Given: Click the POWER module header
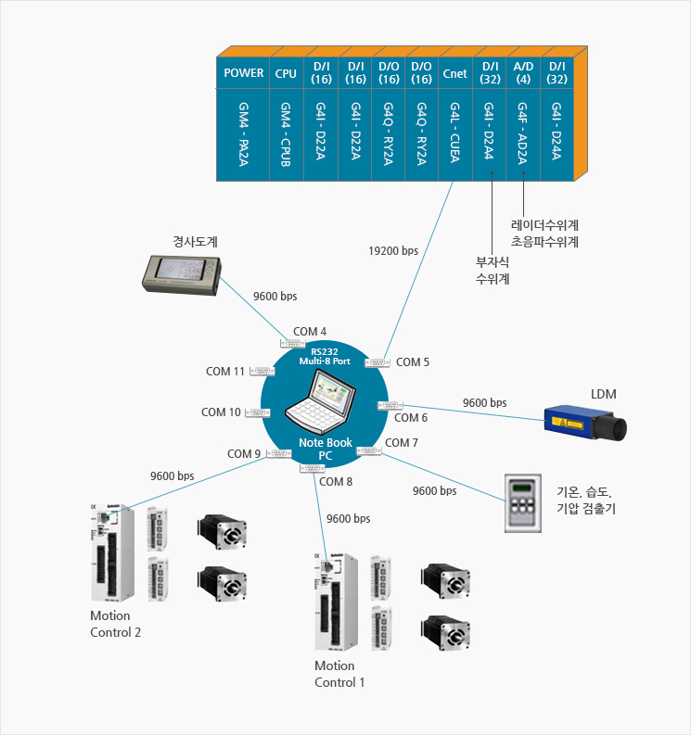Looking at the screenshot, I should (x=244, y=73).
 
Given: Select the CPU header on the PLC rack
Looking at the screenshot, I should (x=286, y=73).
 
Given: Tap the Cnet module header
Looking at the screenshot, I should (x=455, y=73).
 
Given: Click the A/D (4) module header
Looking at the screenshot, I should (x=523, y=73).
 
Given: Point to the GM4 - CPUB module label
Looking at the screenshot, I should (x=286, y=135).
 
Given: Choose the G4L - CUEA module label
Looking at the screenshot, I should (x=455, y=135).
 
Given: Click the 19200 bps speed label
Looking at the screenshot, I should (x=393, y=250).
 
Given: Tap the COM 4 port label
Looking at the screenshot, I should (x=310, y=331).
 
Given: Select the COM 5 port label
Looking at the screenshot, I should (x=413, y=362).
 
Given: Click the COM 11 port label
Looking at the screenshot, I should (x=225, y=372).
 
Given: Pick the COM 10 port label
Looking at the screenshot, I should (x=222, y=412).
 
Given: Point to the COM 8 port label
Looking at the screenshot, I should (x=336, y=481).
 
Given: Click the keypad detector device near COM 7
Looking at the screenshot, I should (x=523, y=503).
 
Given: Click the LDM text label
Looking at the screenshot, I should (x=603, y=395).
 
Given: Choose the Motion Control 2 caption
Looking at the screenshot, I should (x=116, y=624).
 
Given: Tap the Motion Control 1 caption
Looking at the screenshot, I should (x=339, y=674).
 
